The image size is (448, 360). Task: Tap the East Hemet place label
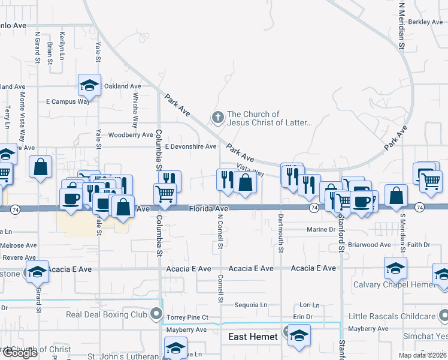point(253,337)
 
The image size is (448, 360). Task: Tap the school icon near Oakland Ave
point(89,86)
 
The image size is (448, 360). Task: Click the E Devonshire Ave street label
point(190,146)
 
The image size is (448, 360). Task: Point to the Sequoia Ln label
point(250,305)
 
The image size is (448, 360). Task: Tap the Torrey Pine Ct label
point(187,317)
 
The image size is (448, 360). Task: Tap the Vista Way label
point(250,170)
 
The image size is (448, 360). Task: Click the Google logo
point(20,353)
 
